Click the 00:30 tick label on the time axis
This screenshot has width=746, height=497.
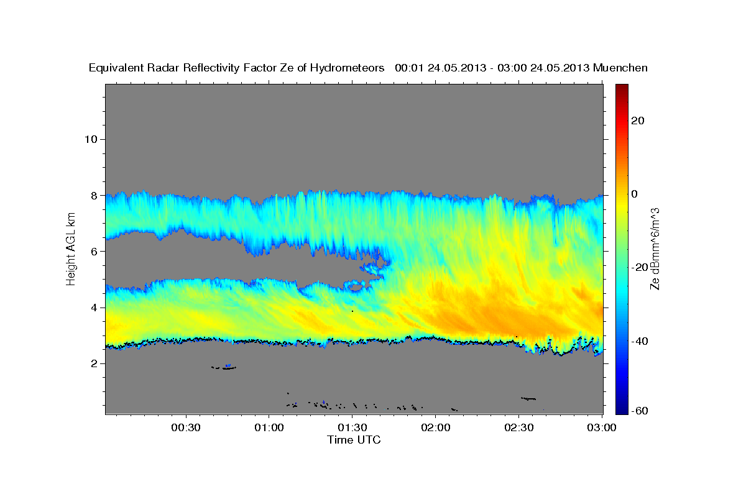click(x=186, y=427)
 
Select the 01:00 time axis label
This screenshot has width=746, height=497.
click(x=269, y=427)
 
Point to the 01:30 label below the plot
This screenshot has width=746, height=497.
click(x=352, y=427)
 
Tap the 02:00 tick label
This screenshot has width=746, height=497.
click(x=435, y=427)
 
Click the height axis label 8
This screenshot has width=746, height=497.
click(x=93, y=195)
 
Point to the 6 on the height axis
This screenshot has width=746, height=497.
click(x=93, y=251)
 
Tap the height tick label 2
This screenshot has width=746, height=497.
click(x=93, y=363)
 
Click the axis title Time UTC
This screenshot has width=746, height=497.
click(x=354, y=440)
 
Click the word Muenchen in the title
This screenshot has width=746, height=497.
click(x=620, y=68)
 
